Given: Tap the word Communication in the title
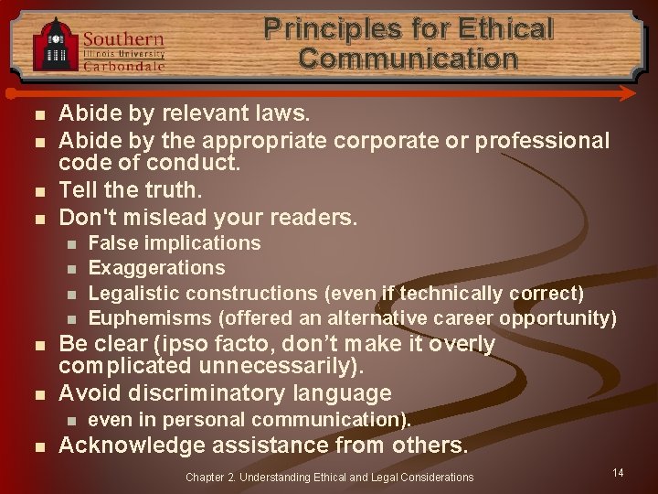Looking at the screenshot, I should (x=408, y=59).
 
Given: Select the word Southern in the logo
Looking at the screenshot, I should (x=123, y=39).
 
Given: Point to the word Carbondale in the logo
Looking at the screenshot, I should (x=125, y=66).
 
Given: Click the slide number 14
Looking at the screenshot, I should (x=618, y=472).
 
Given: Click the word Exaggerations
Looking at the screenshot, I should (x=156, y=268).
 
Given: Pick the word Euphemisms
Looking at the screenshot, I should (x=150, y=318).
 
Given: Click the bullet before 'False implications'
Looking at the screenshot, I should (x=73, y=244).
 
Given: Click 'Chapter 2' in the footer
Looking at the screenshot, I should (x=209, y=477).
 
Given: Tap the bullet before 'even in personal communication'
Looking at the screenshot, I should (x=73, y=421).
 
